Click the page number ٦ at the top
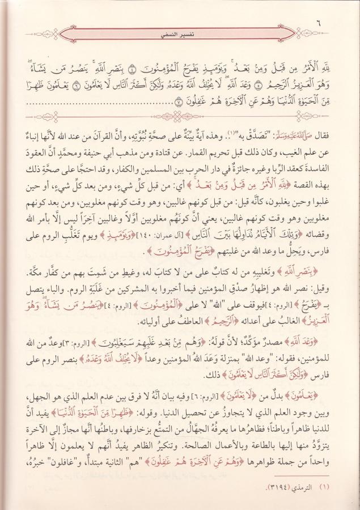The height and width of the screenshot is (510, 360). tap(334, 23)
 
